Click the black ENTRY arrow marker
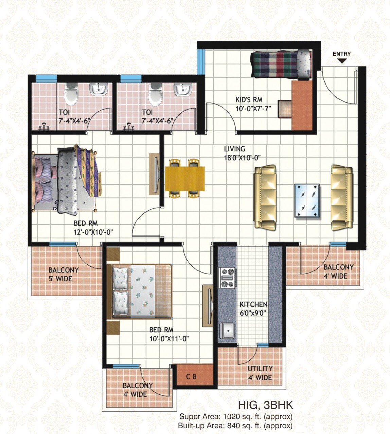342,61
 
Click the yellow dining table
185,178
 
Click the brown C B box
191,377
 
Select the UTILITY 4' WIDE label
260,373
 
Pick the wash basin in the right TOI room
184,90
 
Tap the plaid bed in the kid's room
281,64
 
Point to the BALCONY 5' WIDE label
63,275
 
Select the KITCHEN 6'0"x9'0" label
253,308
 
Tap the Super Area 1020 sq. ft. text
236,416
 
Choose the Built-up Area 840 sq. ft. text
235,425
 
